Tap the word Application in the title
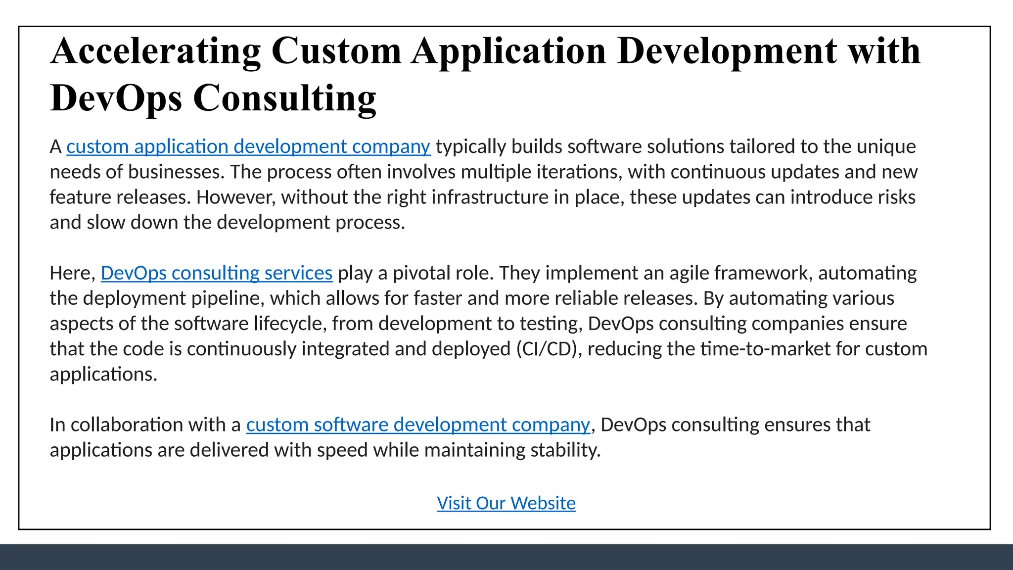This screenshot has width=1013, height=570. coord(509,51)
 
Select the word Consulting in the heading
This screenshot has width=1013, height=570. coord(284,98)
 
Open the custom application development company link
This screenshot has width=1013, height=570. coord(248,147)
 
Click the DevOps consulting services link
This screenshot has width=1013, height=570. coord(217,273)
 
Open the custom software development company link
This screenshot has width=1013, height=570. coord(418,425)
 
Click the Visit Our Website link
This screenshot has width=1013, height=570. coord(506,503)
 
